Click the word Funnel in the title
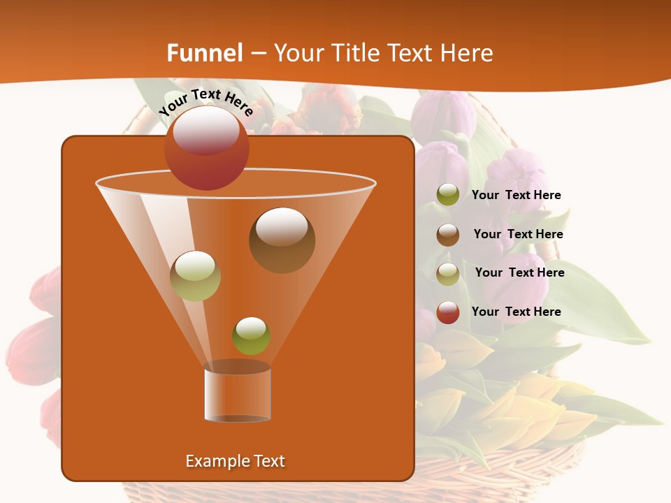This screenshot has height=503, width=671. (204, 53)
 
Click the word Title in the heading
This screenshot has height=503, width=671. (356, 53)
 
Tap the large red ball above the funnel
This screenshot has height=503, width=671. (207, 148)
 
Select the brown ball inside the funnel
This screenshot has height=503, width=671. (282, 240)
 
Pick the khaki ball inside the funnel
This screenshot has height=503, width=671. (196, 276)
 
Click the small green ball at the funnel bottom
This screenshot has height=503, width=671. (251, 336)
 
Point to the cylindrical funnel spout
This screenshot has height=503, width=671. (237, 393)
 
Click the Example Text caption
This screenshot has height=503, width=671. (235, 461)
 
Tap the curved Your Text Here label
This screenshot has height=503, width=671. (205, 102)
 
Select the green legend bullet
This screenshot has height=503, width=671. (448, 195)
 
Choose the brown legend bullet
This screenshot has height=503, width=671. (448, 235)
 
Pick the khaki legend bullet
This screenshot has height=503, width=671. (448, 274)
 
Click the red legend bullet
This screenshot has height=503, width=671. (448, 312)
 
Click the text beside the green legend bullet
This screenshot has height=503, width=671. (516, 196)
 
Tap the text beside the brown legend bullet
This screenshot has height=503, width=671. (518, 235)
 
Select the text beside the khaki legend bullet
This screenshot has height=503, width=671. (519, 273)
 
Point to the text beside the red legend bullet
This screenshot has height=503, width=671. (516, 312)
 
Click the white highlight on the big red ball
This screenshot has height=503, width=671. (205, 131)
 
